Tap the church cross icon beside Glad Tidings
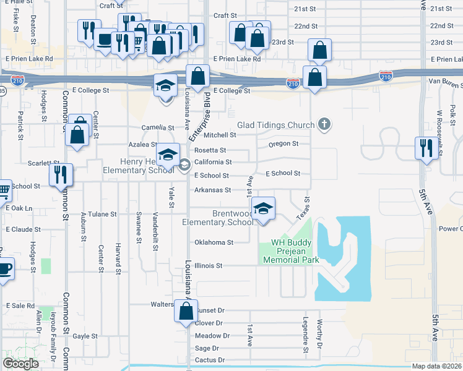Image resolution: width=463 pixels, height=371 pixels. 323,125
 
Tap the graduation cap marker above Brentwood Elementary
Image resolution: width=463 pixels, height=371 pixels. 264,210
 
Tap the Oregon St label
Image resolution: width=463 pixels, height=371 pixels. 283,144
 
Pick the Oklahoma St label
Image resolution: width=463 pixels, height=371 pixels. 214,242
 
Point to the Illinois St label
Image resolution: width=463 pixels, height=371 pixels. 209,265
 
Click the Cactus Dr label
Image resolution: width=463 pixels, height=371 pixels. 209,360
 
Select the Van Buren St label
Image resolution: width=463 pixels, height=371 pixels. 445,82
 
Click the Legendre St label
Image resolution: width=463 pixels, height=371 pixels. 306,336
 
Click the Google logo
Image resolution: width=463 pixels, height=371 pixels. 20,364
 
